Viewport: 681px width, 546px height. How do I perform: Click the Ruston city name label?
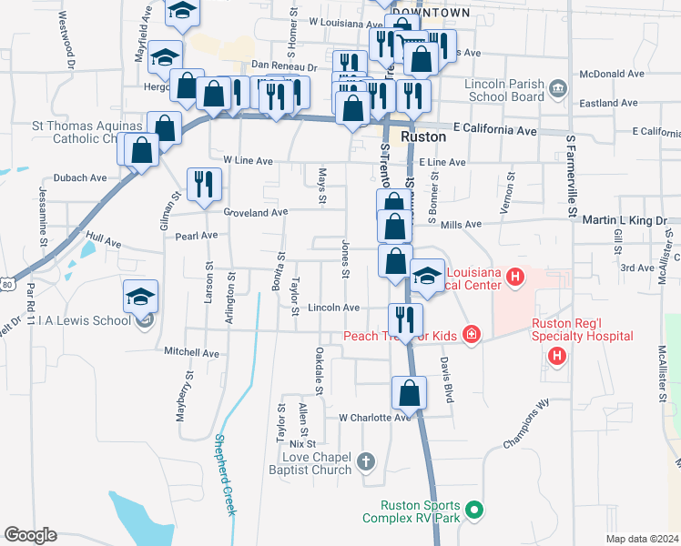424,136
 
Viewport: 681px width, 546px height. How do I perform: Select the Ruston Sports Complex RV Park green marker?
473,510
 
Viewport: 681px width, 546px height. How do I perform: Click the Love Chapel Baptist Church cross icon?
365,460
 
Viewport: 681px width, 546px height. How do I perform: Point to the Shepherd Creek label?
225,473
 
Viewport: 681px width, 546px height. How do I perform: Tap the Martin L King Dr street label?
625,220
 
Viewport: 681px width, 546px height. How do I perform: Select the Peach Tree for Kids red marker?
471,336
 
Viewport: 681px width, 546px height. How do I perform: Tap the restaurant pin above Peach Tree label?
405,318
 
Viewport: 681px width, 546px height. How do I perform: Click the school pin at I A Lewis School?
141,297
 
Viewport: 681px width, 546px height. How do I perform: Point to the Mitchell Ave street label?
191,352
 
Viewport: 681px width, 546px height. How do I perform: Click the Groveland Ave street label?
256,212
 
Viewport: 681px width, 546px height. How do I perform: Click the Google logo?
30,535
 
